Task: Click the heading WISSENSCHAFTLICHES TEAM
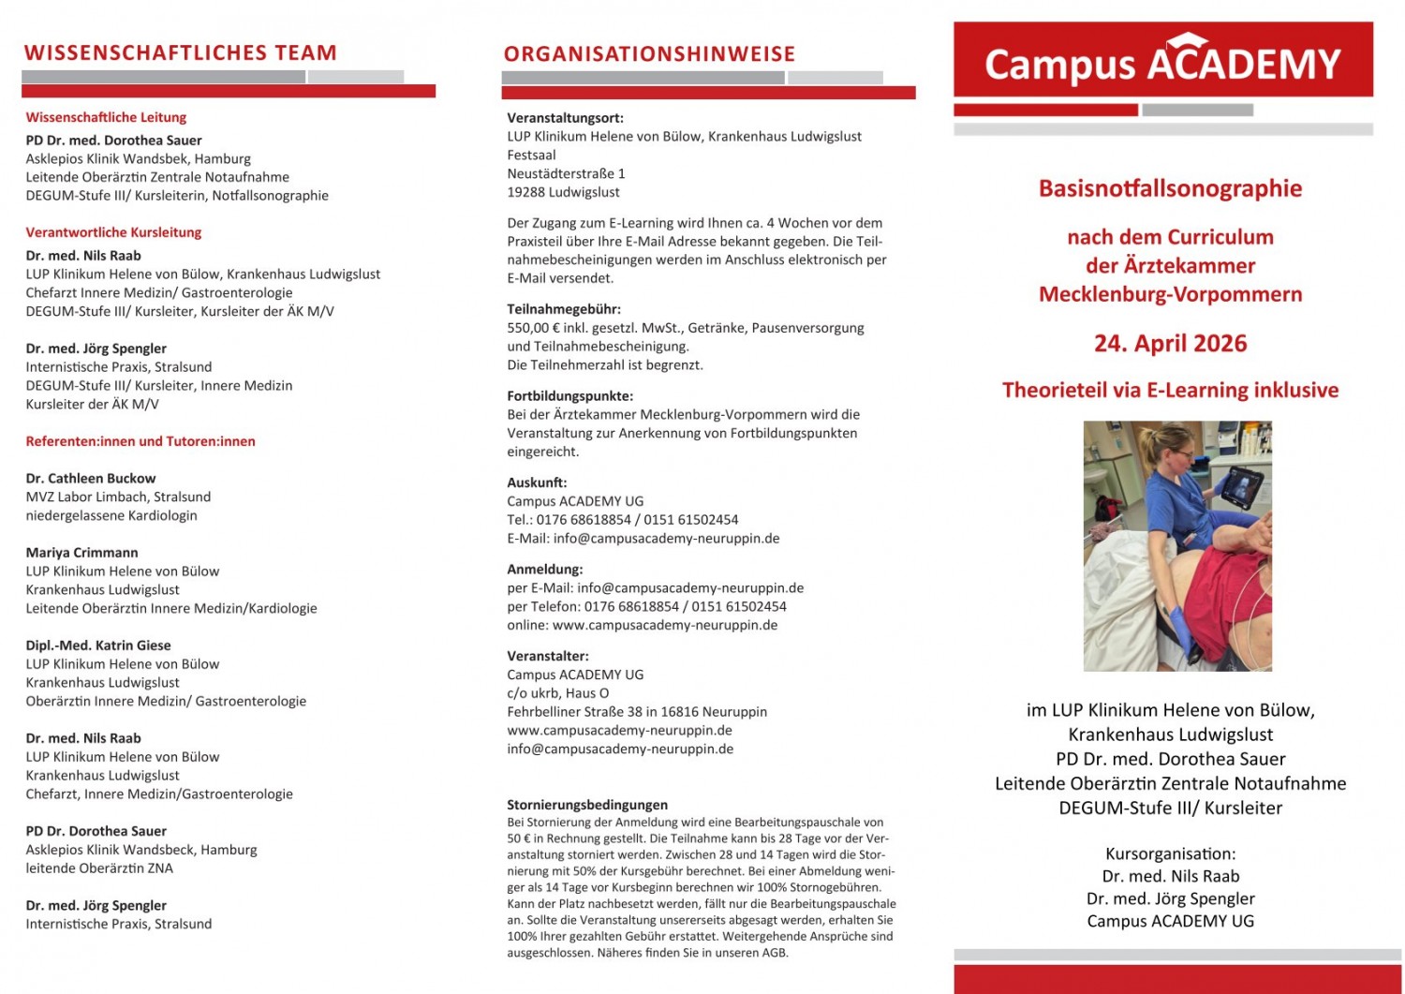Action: point(180,53)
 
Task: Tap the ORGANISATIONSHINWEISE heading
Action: point(649,54)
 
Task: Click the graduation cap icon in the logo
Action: point(1187,40)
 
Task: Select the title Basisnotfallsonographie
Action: point(1170,188)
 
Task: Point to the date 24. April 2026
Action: point(1170,344)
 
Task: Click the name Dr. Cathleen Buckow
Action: point(91,479)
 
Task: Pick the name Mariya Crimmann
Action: point(81,553)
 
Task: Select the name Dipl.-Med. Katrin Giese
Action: point(98,645)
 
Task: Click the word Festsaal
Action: point(531,156)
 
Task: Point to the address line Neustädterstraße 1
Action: point(566,174)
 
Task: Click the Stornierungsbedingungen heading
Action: point(587,805)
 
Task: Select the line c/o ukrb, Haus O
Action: point(557,693)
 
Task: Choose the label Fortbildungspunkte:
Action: point(569,396)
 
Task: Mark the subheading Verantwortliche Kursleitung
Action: point(113,232)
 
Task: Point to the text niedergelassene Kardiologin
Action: point(111,516)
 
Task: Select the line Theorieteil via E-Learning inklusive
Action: point(1170,391)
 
